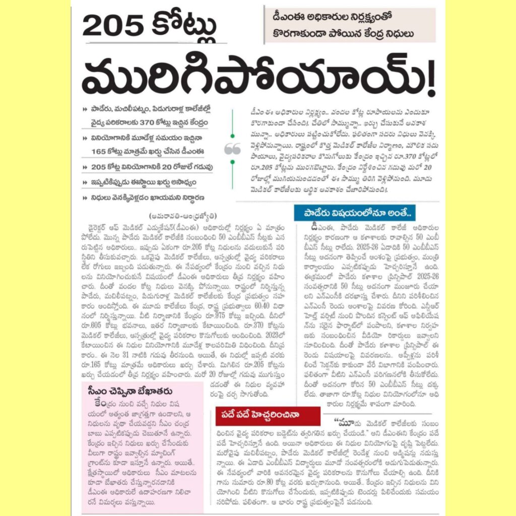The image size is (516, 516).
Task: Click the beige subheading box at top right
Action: pyautogui.click(x=351, y=25)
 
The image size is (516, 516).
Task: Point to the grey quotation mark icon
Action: pyautogui.click(x=232, y=149)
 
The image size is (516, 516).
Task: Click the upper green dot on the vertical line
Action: pyautogui.click(x=232, y=136)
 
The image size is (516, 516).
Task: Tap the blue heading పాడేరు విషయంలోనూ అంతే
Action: pyautogui.click(x=354, y=212)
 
